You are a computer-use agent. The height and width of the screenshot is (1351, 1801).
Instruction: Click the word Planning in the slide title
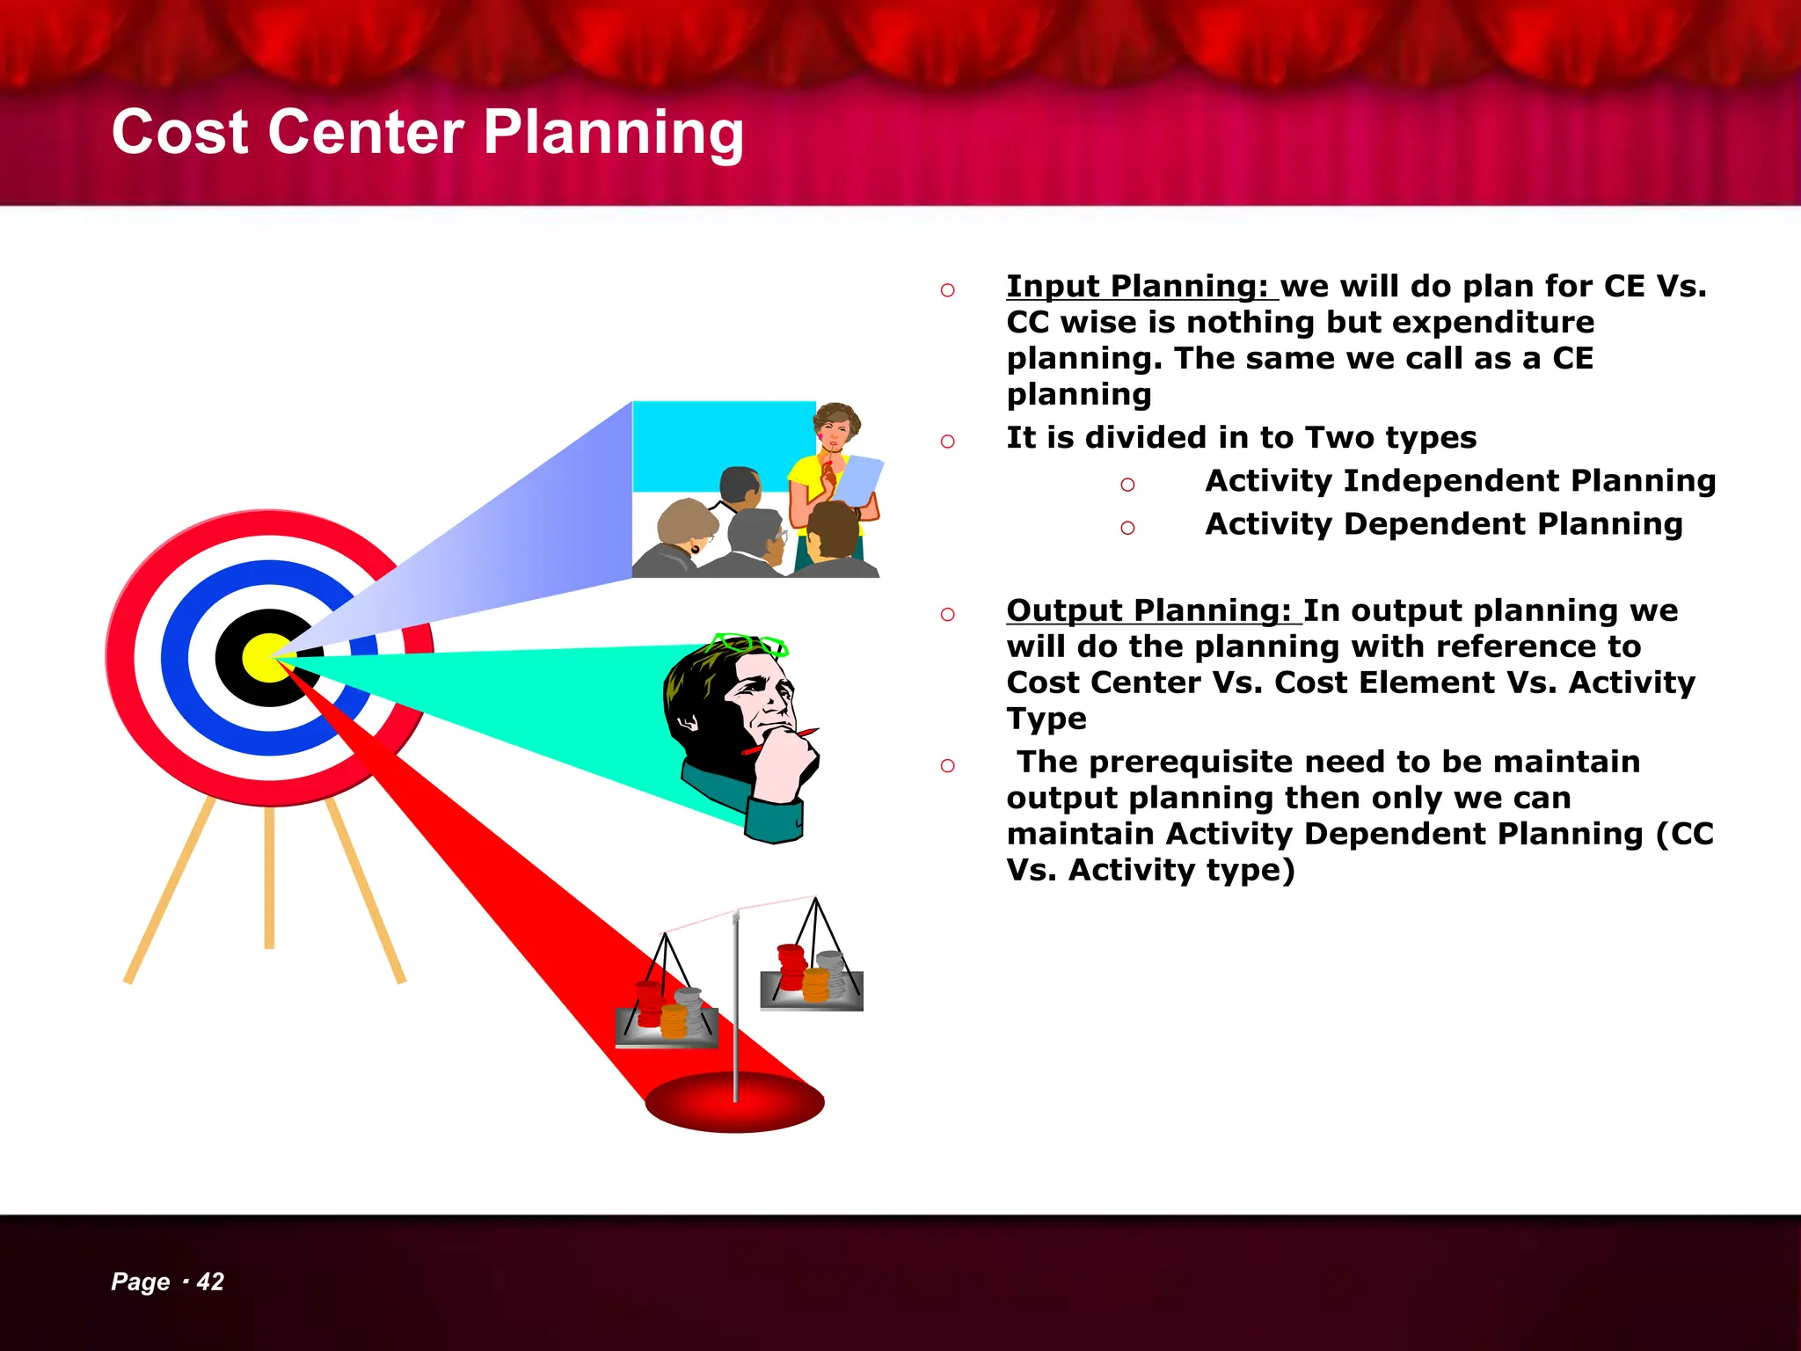[613, 134]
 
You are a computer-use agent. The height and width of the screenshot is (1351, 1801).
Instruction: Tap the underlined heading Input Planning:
[1136, 287]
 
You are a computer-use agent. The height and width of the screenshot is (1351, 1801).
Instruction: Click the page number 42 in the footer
[210, 1282]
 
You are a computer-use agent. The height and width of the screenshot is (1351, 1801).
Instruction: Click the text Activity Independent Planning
[1460, 481]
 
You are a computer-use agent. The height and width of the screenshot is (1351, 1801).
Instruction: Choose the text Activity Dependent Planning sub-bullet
[1443, 524]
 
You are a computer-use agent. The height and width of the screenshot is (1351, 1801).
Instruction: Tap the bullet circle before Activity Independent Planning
[1127, 485]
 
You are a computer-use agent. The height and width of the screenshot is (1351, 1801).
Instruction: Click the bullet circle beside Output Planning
[947, 615]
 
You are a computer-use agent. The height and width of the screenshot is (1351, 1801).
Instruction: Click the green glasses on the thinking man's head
[750, 645]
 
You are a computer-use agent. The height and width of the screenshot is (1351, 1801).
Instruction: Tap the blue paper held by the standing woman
[858, 480]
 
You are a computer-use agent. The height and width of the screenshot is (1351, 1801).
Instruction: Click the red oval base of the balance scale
[734, 1102]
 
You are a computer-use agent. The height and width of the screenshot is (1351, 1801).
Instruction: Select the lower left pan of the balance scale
[667, 1026]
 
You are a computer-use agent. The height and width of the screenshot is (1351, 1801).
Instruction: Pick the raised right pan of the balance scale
[812, 990]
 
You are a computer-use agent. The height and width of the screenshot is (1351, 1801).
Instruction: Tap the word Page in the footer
[140, 1282]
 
